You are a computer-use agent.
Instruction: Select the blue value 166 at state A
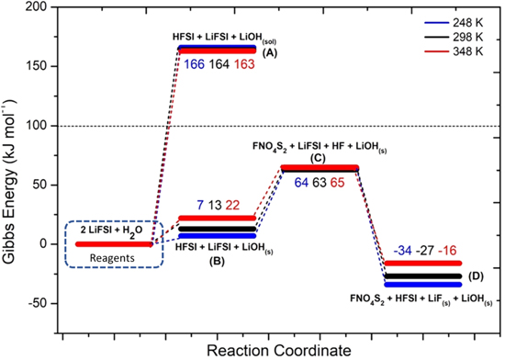[192, 65]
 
